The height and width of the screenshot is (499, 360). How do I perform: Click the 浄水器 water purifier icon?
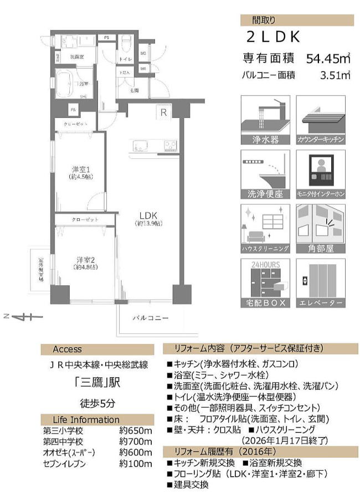[x=265, y=120]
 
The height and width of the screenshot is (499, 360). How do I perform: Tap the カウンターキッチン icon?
[x=321, y=120]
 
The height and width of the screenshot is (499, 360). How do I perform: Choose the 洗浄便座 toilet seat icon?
[x=265, y=174]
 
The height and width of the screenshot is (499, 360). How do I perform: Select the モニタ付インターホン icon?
[x=321, y=174]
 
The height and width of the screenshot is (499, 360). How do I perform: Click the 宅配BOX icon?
[x=265, y=284]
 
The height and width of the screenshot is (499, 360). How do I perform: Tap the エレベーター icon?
[x=321, y=284]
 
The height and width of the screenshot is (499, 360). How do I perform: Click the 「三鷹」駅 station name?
[x=97, y=382]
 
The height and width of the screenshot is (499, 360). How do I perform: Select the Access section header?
[x=68, y=349]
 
